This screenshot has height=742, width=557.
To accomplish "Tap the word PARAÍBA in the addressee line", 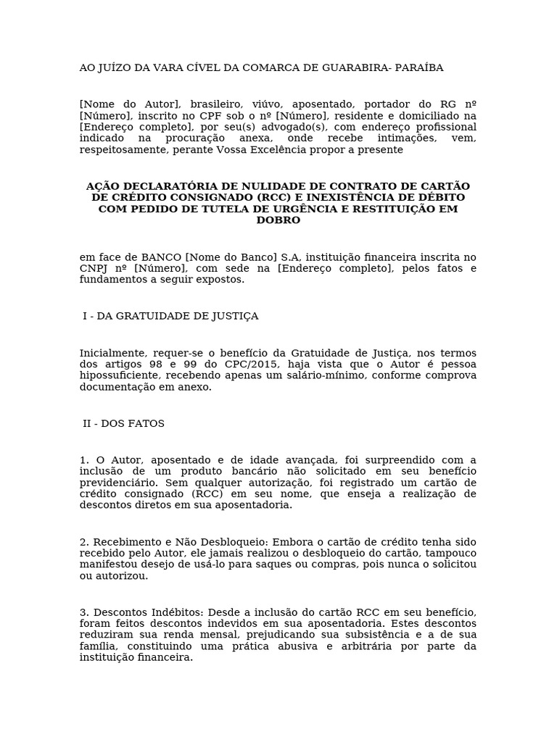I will pyautogui.click(x=418, y=68).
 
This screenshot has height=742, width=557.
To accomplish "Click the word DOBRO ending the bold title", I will pyautogui.click(x=278, y=220).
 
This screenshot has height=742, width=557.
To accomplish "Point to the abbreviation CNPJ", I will pyautogui.click(x=93, y=269).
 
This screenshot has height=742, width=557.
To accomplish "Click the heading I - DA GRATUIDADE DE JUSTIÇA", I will pyautogui.click(x=170, y=317).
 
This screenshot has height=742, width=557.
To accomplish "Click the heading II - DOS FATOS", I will pyautogui.click(x=123, y=424).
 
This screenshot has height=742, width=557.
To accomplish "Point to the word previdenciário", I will pyautogui.click(x=116, y=483).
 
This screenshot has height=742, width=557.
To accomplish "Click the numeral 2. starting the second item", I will pyautogui.click(x=84, y=542).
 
